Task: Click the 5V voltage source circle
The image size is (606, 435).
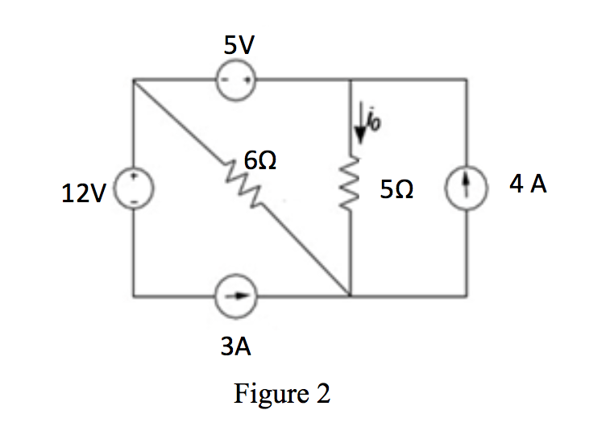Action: click(x=237, y=79)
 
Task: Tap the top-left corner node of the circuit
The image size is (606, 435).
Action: click(x=134, y=79)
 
